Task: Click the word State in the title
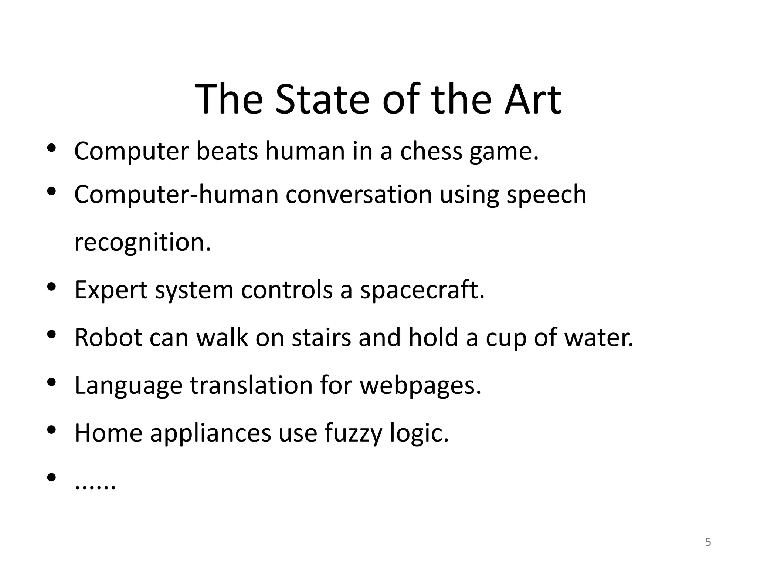tap(322, 99)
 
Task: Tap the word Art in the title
tap(533, 99)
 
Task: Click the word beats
tap(227, 151)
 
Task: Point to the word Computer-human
tap(176, 195)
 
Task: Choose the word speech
tap(546, 195)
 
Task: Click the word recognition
tap(142, 243)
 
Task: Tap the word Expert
tap(111, 290)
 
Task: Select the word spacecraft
tap(422, 290)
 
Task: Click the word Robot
tap(108, 338)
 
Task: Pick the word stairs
tap(321, 338)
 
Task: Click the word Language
tap(128, 386)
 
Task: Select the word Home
tap(108, 433)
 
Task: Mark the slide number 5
tap(708, 542)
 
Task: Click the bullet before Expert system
tap(51, 287)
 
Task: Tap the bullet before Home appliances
tap(51, 430)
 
